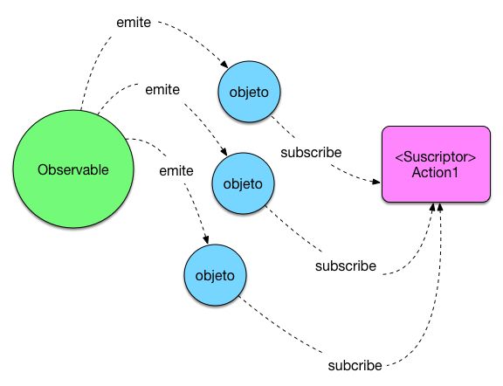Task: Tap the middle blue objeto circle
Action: tap(244, 184)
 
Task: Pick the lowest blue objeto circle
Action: tap(214, 275)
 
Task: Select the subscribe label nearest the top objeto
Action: tap(310, 151)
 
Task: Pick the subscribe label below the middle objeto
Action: tap(346, 265)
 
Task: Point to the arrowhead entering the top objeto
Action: tap(226, 67)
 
